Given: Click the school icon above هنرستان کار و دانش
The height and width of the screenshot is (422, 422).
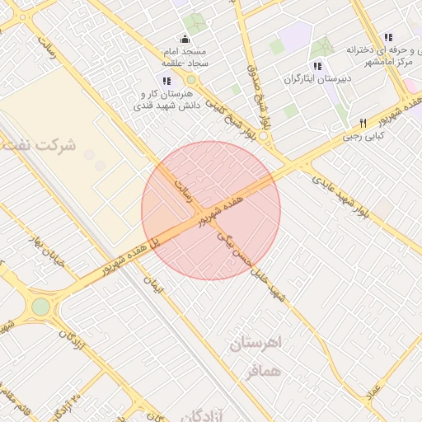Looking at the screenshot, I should (166, 80).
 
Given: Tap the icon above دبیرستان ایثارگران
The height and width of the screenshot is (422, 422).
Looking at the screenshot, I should (316, 65).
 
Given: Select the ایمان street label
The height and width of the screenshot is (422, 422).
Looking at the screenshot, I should (153, 285).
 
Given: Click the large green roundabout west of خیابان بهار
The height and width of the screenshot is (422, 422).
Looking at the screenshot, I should (40, 307).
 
